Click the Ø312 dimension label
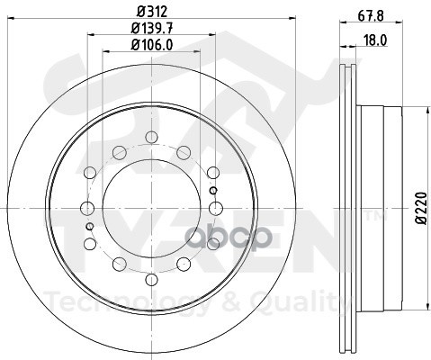[x=152, y=12]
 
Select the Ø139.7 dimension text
[x=152, y=29]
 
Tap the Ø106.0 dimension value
[x=152, y=45]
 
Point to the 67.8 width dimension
[x=371, y=15]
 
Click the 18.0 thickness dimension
[x=375, y=40]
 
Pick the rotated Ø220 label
[x=421, y=207]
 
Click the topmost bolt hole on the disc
[x=151, y=137]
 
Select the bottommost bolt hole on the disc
[x=151, y=280]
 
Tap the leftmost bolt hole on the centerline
[x=87, y=208]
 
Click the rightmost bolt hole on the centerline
[x=216, y=208]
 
